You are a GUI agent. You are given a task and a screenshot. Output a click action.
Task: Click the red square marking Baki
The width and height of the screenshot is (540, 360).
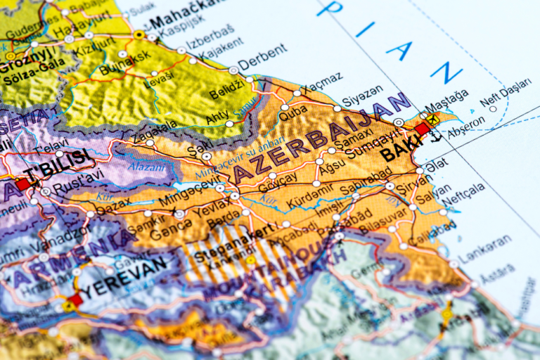(422, 129)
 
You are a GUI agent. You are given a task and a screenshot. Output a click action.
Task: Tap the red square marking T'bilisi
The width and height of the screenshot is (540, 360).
(23, 184)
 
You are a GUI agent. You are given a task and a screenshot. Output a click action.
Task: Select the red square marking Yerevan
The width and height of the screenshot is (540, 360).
(76, 299)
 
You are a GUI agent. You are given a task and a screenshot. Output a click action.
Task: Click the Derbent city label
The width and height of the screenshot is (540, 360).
(262, 58)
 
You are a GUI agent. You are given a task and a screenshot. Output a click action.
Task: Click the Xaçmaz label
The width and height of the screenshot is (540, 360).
(323, 78)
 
